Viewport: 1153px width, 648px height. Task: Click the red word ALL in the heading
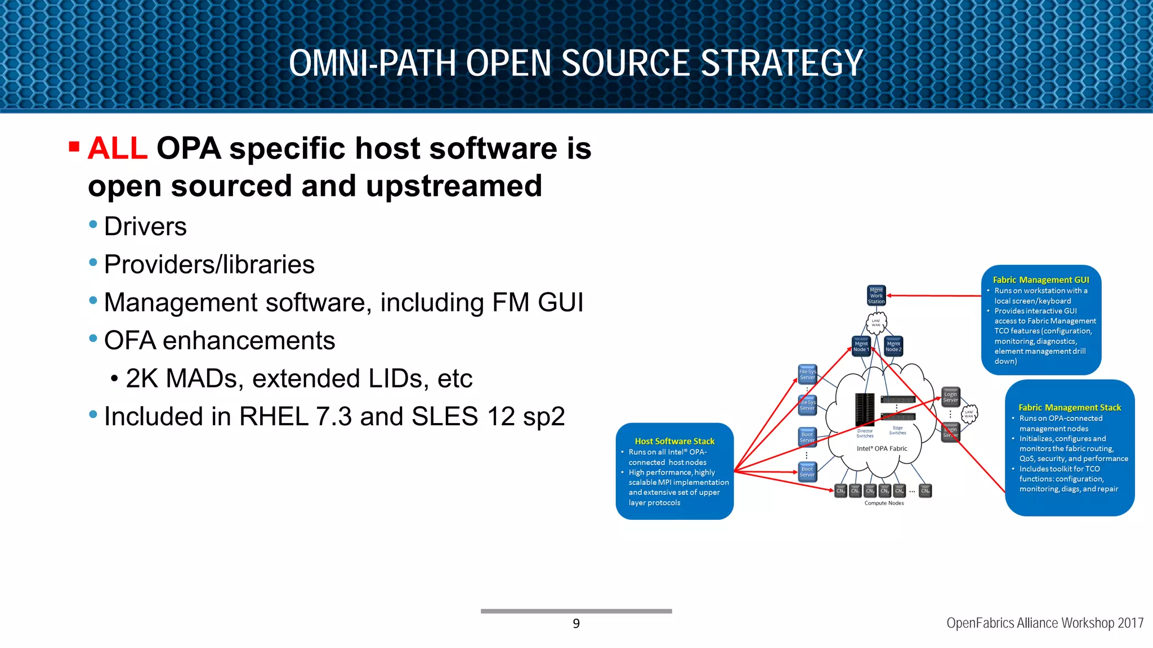118,148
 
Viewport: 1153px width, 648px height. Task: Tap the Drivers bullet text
145,227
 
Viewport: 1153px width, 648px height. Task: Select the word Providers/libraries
209,264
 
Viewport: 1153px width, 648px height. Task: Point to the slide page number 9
576,623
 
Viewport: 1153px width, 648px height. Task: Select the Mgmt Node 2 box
893,346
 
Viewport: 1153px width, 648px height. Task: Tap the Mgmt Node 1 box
861,346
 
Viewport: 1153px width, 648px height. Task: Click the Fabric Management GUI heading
1040,280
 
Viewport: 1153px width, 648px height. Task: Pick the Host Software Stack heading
674,441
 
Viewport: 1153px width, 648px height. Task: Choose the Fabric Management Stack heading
1070,407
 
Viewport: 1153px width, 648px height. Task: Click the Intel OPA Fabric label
882,448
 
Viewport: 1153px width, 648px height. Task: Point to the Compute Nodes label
884,503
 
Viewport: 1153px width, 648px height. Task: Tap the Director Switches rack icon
865,409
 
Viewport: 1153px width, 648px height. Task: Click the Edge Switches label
897,430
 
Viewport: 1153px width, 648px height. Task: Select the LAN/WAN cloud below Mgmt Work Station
876,323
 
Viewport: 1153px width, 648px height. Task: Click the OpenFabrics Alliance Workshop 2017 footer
1044,623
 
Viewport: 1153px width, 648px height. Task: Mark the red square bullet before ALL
74,147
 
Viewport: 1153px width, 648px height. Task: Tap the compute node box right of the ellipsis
925,491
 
